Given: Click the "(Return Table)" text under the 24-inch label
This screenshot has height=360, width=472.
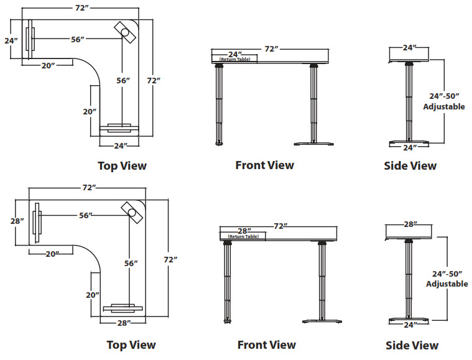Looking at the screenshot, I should [x=234, y=60].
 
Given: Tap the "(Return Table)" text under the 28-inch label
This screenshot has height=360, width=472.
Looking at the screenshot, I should [x=243, y=237].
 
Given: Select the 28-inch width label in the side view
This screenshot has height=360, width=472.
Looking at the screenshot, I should [x=409, y=224].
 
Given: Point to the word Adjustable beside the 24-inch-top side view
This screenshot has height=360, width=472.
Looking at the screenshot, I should [x=444, y=106].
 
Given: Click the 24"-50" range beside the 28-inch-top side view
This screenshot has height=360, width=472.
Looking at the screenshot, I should [x=447, y=274].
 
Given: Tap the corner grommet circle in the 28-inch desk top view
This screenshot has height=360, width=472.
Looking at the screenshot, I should [x=133, y=211].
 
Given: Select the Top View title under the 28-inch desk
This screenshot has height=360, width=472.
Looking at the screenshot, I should [x=131, y=344].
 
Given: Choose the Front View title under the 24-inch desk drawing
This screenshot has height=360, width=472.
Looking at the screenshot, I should [x=264, y=165].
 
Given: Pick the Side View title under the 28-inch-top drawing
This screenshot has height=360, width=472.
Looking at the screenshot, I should [x=412, y=345].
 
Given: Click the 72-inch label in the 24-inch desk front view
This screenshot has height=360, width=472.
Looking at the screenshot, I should [x=271, y=48].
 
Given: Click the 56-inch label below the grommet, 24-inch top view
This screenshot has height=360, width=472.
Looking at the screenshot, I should [x=123, y=80].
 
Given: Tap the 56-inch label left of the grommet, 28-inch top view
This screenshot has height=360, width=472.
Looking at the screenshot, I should [x=86, y=215].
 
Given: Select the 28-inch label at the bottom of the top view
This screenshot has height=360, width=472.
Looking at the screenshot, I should [x=123, y=323].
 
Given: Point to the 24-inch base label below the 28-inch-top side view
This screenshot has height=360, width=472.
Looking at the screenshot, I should [x=409, y=324].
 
